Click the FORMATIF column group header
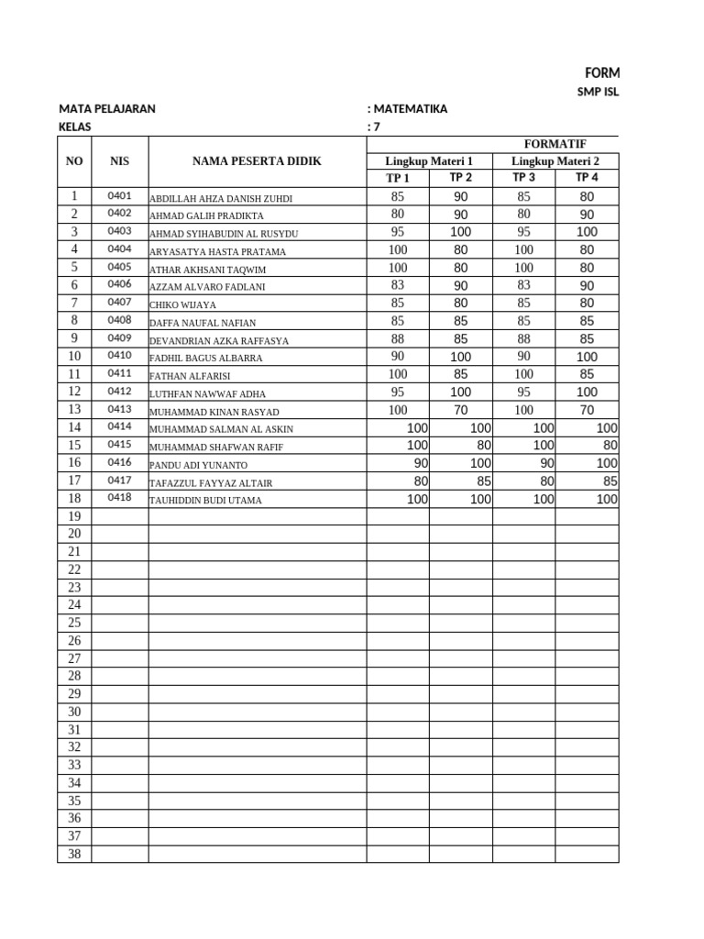point(555,144)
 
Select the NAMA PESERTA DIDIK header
point(257,161)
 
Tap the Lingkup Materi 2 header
point(555,161)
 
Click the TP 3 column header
point(523,178)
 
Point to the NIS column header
point(119,161)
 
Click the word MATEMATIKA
point(410,109)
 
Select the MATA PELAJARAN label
point(106,109)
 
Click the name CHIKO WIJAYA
point(183,304)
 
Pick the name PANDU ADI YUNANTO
point(198,465)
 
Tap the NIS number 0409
point(119,337)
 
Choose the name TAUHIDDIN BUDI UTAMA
point(205,501)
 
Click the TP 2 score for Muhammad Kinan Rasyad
point(460,410)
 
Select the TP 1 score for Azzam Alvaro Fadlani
point(398,286)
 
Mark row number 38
point(74,854)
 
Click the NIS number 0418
point(119,498)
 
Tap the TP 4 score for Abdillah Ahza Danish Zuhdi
point(587,196)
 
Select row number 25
point(74,623)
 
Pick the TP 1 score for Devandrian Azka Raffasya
point(398,339)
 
